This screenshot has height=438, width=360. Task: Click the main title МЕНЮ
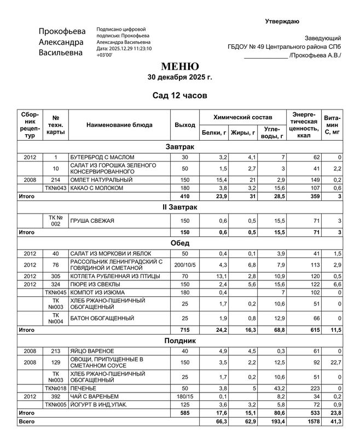click(180, 67)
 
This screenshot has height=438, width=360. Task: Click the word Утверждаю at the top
click(282, 21)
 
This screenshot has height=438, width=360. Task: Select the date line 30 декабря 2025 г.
click(180, 77)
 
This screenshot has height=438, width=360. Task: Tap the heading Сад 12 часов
click(180, 96)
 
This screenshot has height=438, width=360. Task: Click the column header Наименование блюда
click(119, 125)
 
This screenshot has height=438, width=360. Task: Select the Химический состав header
click(242, 117)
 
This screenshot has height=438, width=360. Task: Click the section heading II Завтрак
click(180, 208)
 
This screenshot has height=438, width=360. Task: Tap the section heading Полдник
click(180, 341)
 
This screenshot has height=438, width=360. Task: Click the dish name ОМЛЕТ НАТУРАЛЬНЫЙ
click(101, 180)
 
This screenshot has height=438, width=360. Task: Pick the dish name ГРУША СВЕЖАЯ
click(92, 221)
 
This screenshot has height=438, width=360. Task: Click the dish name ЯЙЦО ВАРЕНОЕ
click(92, 350)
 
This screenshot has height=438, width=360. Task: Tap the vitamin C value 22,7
click(335, 362)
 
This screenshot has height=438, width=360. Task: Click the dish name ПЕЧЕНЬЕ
click(85, 388)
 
